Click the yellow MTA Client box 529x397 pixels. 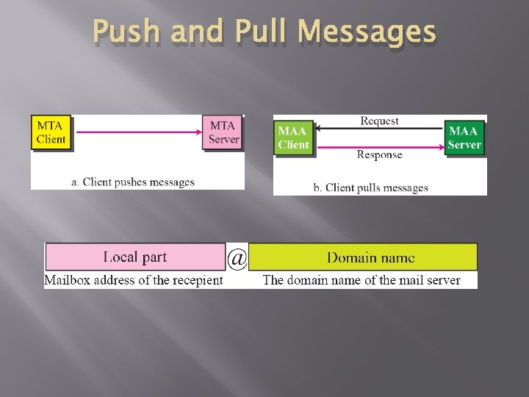[51, 132]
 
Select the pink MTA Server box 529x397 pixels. [223, 132]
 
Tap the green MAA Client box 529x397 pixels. [293, 137]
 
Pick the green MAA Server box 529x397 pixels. [464, 137]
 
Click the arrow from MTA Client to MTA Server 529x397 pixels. [138, 132]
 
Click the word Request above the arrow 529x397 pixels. [379, 121]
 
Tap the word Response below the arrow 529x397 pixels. [379, 154]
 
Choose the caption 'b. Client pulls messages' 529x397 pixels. [370, 187]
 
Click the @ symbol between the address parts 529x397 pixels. [237, 258]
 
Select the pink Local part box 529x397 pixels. [135, 257]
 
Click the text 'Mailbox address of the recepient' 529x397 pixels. [134, 280]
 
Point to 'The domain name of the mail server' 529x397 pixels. [361, 280]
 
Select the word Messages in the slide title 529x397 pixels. [367, 33]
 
